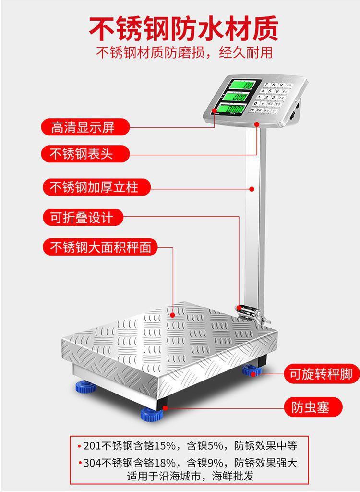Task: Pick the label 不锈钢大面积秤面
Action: (x=101, y=247)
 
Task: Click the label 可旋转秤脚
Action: (x=321, y=374)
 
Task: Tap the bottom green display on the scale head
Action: (x=232, y=110)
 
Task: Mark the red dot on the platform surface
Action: (x=172, y=315)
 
